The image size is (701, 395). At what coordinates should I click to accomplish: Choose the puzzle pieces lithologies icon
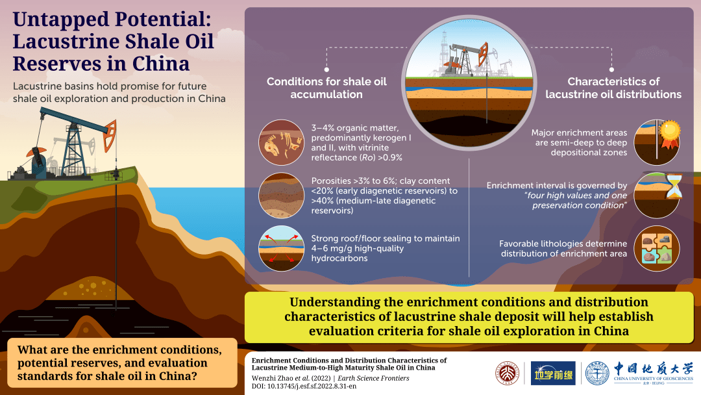click(x=657, y=248)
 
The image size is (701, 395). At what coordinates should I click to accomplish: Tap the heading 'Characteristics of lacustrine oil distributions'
click(x=613, y=88)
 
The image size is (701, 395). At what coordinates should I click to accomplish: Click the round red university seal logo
click(x=508, y=373)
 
